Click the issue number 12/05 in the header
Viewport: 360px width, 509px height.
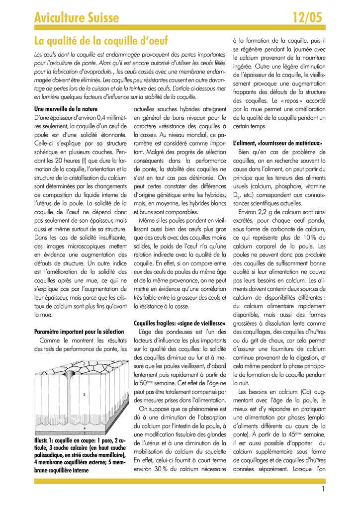click(x=307, y=18)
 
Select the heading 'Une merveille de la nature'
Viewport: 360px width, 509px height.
click(x=66, y=109)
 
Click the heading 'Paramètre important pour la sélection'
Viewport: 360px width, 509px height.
click(x=79, y=332)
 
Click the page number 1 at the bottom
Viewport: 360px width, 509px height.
click(x=323, y=489)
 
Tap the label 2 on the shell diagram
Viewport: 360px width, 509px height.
click(x=84, y=364)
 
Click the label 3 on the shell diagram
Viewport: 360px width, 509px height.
click(x=84, y=394)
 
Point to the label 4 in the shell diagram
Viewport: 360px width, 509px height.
click(x=84, y=427)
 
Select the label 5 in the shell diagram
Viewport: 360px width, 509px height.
click(x=84, y=433)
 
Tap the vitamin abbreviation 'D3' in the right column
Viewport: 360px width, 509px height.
click(x=237, y=196)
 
